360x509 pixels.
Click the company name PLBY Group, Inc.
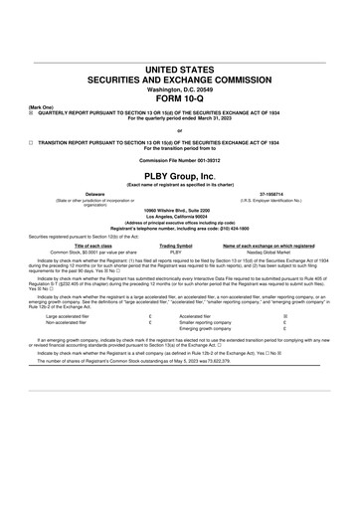coord(179,175)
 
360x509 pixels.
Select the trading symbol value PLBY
coord(175,253)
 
